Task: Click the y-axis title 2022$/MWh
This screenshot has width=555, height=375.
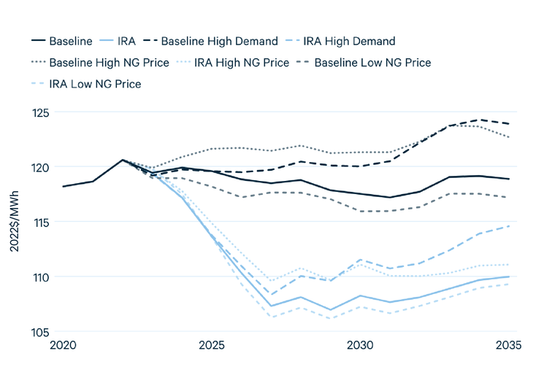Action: pyautogui.click(x=14, y=222)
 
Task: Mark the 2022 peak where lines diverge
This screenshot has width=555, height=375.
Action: pyautogui.click(x=123, y=160)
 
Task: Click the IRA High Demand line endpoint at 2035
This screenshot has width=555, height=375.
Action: pyautogui.click(x=510, y=226)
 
